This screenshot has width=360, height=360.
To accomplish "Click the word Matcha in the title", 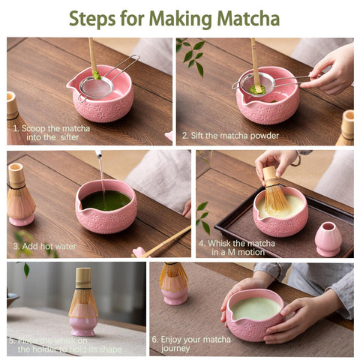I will coord(244,18).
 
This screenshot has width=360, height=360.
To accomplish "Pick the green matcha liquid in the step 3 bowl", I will coord(106,200).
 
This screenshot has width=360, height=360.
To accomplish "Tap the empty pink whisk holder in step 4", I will coord(328,239).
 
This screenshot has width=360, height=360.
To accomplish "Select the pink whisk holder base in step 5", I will coord(82,325).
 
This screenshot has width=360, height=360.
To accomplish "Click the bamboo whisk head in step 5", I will coord(82,296).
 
